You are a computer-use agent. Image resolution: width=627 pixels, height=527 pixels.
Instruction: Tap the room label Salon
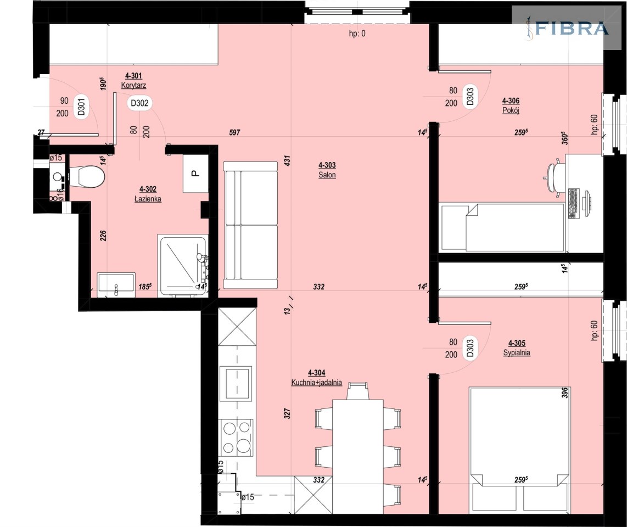pyautogui.click(x=327, y=175)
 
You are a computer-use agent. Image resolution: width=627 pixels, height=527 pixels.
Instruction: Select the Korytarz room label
pyautogui.click(x=133, y=85)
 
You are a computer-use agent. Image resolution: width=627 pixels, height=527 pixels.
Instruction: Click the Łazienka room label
pyautogui.click(x=148, y=199)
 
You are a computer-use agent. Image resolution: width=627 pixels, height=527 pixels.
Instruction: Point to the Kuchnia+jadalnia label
pyautogui.click(x=316, y=382)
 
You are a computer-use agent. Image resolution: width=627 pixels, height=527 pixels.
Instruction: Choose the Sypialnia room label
pyautogui.click(x=517, y=352)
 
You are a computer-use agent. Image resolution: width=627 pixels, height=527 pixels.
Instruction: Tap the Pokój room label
pyautogui.click(x=511, y=110)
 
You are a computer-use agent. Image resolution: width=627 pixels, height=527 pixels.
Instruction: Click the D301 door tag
pyautogui.click(x=82, y=107)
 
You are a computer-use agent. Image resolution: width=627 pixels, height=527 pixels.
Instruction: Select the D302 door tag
pyautogui.click(x=139, y=103)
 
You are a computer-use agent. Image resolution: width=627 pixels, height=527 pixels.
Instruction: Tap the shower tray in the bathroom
pyautogui.click(x=183, y=265)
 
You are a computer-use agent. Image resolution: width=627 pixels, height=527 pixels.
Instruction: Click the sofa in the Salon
pyautogui.click(x=250, y=225)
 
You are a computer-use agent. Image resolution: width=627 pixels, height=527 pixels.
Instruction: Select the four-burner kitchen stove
pyautogui.click(x=236, y=438)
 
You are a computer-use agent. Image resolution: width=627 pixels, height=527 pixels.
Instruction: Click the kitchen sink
pyautogui.click(x=236, y=384)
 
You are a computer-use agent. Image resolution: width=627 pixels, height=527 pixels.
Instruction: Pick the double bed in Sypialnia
pyautogui.click(x=520, y=449)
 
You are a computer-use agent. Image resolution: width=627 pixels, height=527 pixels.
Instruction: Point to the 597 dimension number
pyautogui.click(x=235, y=132)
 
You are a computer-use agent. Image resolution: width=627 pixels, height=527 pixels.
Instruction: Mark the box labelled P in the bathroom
pyautogui.click(x=195, y=173)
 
